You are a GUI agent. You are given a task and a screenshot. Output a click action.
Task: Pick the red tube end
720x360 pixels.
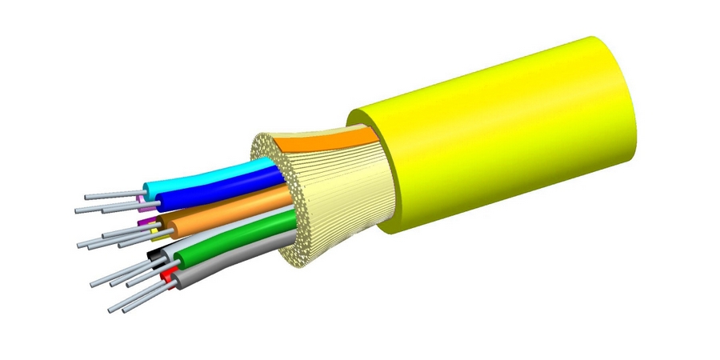click(166, 277)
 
